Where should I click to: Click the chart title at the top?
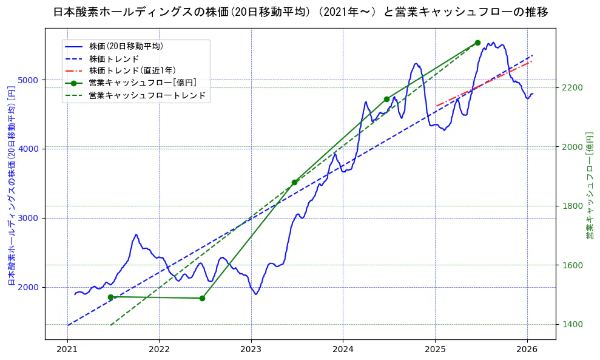point(300,12)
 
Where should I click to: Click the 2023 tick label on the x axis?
point(251,350)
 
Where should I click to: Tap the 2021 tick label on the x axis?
point(67,350)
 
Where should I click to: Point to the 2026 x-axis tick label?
point(527,350)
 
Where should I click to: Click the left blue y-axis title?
point(11,185)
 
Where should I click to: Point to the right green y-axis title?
point(590,185)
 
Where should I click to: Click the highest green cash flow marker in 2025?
point(477,42)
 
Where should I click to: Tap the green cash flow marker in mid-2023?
point(294,182)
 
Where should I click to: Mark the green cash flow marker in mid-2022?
point(202,298)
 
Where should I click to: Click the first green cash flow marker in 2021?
point(110,297)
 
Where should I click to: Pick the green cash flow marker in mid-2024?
point(386,99)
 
